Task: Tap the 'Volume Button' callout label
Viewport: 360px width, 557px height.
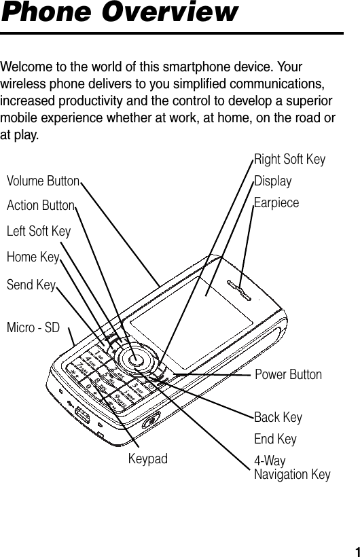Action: tap(42, 182)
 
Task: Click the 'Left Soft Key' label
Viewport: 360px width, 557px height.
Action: tap(38, 232)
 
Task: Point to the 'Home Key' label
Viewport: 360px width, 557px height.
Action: tap(33, 258)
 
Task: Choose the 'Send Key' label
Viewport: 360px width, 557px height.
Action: tap(31, 285)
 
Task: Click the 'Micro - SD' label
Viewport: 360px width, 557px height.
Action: tap(33, 328)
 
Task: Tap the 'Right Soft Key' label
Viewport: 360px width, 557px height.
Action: tap(289, 160)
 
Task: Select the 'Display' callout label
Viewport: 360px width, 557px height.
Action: tap(272, 181)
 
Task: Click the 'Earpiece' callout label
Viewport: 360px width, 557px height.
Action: tap(276, 203)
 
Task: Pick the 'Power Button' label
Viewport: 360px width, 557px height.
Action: tap(288, 375)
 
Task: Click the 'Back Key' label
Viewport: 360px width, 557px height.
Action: tap(278, 417)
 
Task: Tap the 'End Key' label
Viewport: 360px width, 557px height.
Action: tap(275, 439)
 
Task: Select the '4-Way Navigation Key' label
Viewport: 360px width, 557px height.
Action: tap(291, 468)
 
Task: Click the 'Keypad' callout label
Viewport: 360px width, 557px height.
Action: tap(147, 459)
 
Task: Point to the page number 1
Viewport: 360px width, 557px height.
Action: tap(355, 549)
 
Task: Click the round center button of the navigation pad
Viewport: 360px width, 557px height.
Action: tap(137, 360)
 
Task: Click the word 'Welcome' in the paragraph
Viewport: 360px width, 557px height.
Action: tap(26, 69)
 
